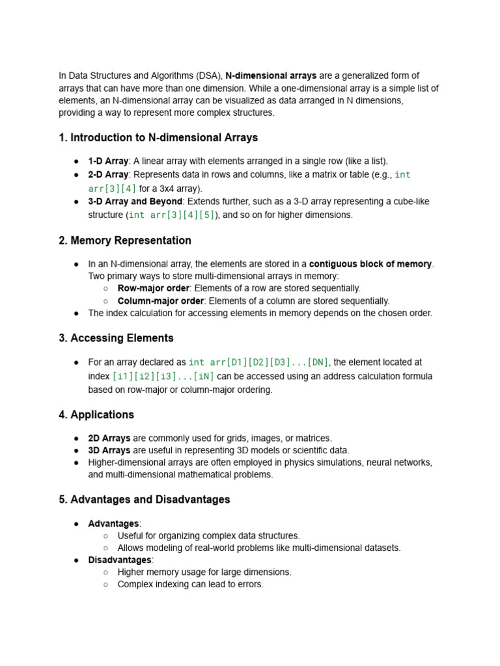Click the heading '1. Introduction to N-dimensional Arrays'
158,138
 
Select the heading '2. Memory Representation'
125,241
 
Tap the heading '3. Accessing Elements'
116,338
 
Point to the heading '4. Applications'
96,415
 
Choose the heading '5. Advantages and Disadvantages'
145,499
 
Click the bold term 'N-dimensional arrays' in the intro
271,76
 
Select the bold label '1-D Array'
108,161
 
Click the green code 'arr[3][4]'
113,189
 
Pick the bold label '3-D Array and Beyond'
135,202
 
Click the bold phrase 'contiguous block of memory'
370,264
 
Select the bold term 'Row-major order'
153,288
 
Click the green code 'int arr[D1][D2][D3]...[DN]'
258,362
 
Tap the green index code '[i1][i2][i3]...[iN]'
163,377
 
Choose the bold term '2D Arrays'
109,438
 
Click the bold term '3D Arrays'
109,450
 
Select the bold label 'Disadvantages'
120,560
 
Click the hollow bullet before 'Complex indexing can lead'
105,584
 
